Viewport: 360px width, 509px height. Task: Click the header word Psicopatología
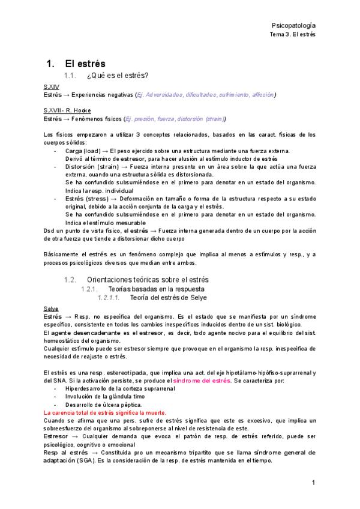point(293,26)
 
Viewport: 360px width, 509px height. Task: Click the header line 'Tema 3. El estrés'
point(293,35)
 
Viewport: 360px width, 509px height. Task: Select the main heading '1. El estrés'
point(76,64)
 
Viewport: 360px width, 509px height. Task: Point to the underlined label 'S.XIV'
point(52,87)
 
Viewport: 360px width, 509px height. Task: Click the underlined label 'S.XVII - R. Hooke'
point(67,111)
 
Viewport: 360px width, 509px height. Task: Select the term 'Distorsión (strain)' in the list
point(91,166)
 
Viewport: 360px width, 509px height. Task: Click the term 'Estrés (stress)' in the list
point(88,197)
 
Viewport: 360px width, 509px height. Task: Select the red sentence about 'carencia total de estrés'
point(105,413)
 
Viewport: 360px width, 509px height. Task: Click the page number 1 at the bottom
point(313,482)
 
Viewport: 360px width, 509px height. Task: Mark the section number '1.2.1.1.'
point(109,297)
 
